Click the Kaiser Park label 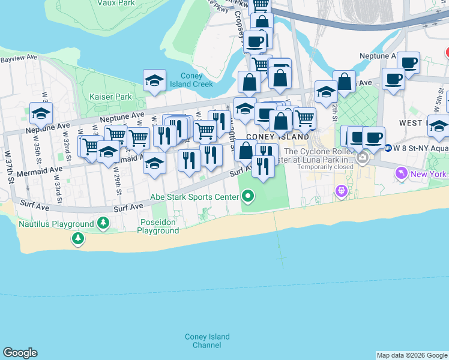point(110,97)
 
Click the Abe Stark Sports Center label point(194,196)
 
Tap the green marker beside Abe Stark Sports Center point(247,196)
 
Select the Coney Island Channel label point(206,341)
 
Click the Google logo point(20,353)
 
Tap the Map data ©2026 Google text point(412,355)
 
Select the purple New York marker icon point(401,174)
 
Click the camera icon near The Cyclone point(363,158)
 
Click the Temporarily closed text point(323,167)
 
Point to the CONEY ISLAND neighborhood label point(278,137)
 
